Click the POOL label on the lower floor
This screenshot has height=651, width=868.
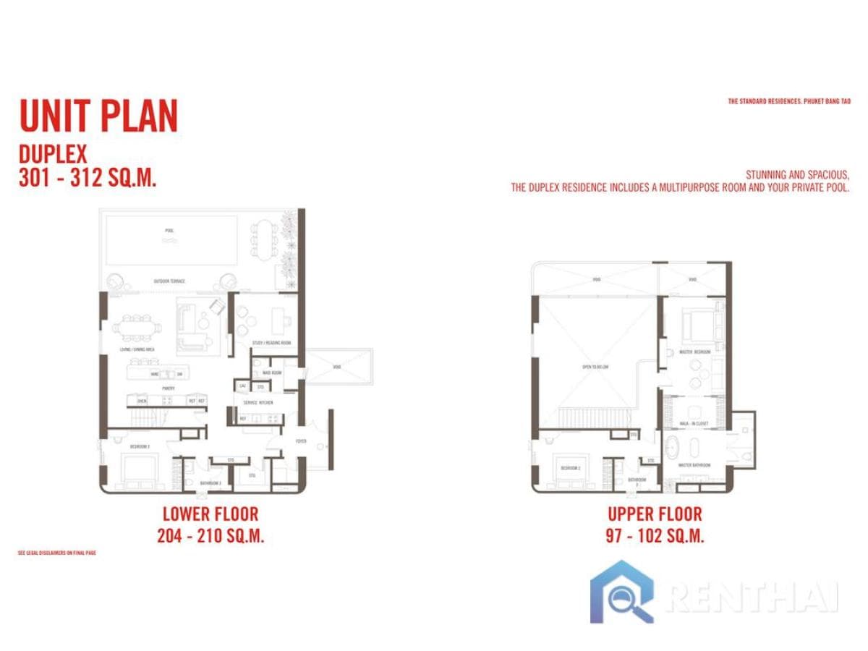point(169,231)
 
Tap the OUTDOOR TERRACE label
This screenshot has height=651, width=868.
point(169,281)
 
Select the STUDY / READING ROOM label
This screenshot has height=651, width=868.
point(271,343)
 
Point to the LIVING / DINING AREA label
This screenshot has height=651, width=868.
point(137,349)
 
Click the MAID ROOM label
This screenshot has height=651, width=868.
point(271,373)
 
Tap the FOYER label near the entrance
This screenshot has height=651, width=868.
point(301,441)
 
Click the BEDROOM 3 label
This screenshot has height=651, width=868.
point(140,447)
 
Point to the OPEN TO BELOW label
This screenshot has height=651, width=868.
point(596,367)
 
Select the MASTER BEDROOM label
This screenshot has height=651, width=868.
point(695,352)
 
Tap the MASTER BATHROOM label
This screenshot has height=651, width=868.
point(694,465)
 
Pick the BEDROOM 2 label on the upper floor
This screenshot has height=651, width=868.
point(571,468)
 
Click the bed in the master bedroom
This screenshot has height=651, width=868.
point(698,325)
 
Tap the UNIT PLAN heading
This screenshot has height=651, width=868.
point(98,116)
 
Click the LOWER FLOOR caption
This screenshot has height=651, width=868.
point(210,515)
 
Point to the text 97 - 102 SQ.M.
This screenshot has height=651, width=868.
point(655,536)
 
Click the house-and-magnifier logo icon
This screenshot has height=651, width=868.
point(622,592)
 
